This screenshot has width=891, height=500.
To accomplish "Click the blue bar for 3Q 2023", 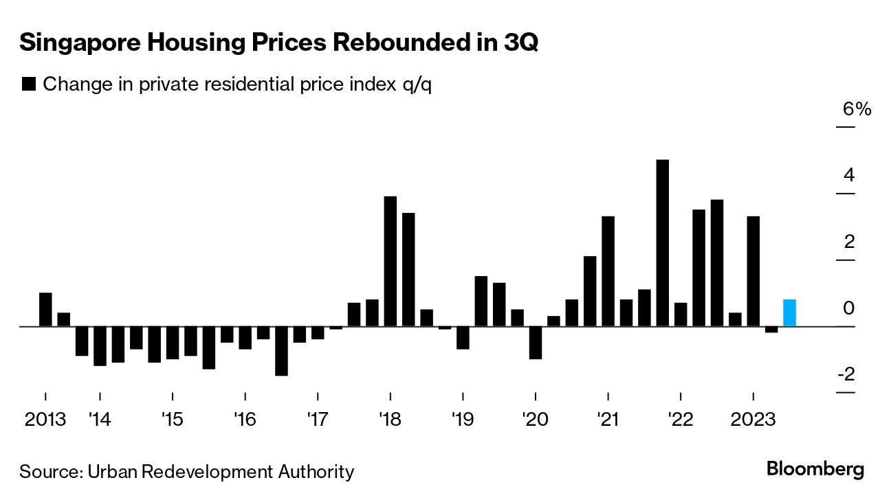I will tap(789, 313).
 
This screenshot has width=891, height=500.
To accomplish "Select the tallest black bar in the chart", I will tap(663, 243).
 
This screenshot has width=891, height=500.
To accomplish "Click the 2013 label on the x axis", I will tap(45, 418).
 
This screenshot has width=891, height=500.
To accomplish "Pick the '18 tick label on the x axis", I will tap(389, 418).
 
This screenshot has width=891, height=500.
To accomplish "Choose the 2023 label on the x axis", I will tap(753, 418).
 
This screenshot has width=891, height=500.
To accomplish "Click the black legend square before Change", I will tap(29, 84).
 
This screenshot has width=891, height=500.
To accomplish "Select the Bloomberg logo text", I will tap(815, 470).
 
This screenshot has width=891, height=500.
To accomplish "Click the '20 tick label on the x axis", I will tap(534, 418).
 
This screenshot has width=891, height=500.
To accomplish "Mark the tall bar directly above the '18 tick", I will tap(390, 261).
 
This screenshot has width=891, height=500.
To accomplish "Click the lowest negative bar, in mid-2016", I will tap(281, 351).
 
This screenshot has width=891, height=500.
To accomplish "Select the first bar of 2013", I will tap(45, 310).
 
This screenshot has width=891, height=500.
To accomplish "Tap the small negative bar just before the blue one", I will tap(771, 330).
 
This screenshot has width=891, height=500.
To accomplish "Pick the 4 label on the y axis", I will tap(849, 175).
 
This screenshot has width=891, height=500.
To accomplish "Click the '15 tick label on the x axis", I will tap(172, 418).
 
